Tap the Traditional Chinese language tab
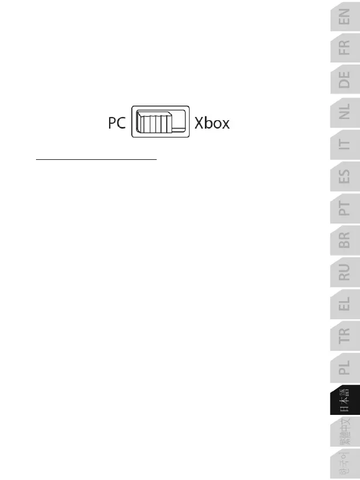(344, 434)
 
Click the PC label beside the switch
(115, 123)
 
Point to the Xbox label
(212, 123)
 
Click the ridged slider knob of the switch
(154, 122)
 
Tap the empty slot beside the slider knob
(179, 121)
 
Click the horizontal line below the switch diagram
(96, 158)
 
